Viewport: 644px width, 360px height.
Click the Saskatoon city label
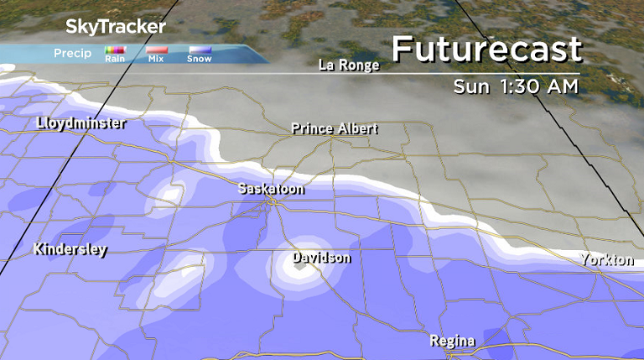point(271,189)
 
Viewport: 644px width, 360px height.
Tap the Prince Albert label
point(335,128)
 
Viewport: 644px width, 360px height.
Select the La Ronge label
point(349,65)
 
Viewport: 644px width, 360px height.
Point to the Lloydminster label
point(81,123)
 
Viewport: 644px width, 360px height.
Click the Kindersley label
point(70,249)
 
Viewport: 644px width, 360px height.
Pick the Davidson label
point(321,258)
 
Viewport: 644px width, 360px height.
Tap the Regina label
point(452,341)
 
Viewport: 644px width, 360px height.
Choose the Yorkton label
point(607,260)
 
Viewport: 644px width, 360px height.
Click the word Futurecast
point(486,50)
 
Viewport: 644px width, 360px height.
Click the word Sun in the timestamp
point(472,86)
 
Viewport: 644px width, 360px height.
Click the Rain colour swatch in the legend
point(115,50)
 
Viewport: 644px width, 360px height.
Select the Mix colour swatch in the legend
point(157,50)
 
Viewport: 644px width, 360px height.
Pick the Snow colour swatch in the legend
point(199,50)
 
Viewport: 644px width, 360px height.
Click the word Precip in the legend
point(72,54)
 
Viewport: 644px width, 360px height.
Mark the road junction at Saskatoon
point(271,202)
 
